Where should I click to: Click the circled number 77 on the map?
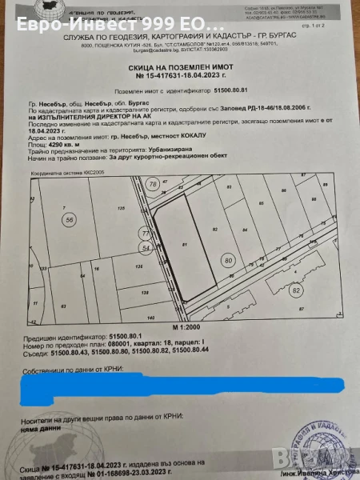click(145, 233)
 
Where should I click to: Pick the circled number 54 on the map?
click(145, 249)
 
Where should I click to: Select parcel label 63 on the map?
click(63, 306)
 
